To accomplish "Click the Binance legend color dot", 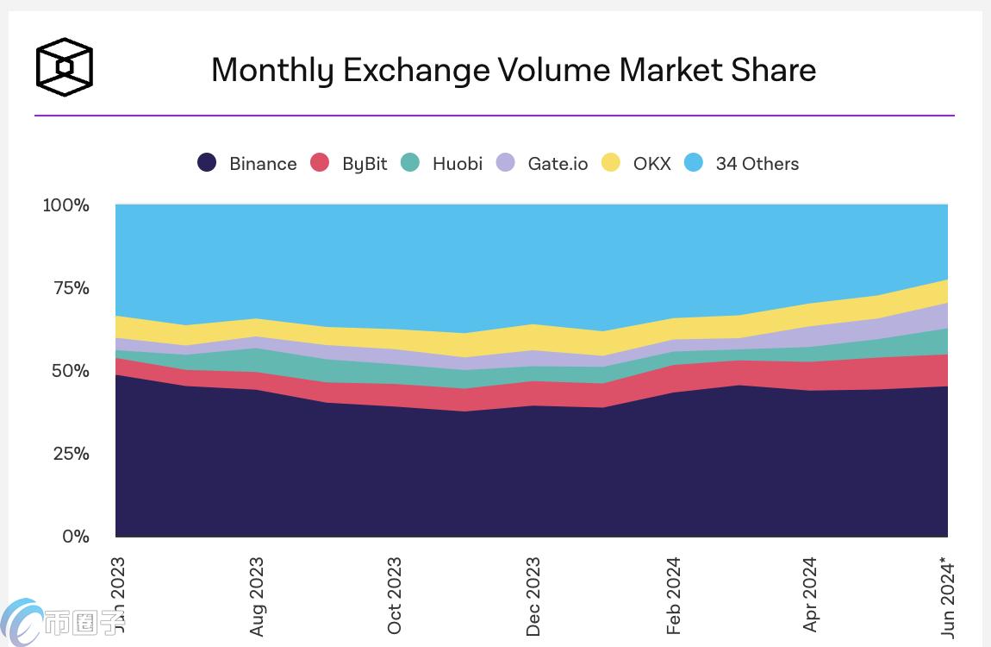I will (x=207, y=163).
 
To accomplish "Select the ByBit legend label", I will (x=365, y=164).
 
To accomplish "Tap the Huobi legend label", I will (x=458, y=164).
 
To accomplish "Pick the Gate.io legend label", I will (x=558, y=164).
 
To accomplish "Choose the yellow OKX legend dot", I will (x=610, y=163).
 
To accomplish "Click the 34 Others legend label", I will (x=757, y=164).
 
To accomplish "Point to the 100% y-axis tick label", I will (x=66, y=205).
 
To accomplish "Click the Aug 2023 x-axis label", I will (x=256, y=597).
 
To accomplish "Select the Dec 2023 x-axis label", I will (x=533, y=597).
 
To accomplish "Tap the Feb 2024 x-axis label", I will (x=673, y=596).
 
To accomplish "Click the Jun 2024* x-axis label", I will (x=949, y=598).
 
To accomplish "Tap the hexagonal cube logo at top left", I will (x=64, y=66).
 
